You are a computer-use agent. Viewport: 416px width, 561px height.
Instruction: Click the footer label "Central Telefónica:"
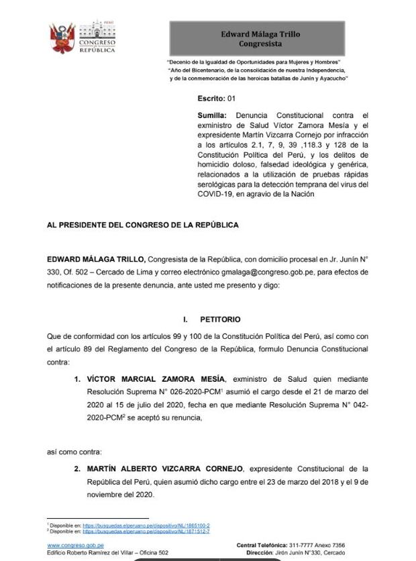(266, 544)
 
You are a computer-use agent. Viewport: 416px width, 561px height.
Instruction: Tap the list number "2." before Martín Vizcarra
(79, 469)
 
